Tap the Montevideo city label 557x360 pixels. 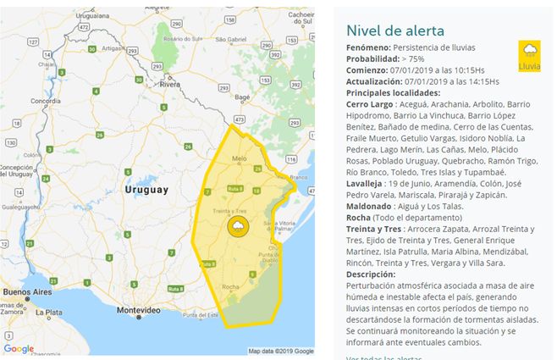(x=138, y=312)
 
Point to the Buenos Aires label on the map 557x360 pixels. (x=24, y=293)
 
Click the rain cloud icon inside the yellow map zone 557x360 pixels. (x=238, y=226)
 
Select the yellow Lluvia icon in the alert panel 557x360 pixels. (x=529, y=56)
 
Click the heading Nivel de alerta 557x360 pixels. (x=395, y=30)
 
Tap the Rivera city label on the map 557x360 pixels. (x=171, y=86)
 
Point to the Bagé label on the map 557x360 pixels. (x=241, y=97)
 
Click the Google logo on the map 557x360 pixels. (x=18, y=348)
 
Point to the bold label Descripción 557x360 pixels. (x=371, y=274)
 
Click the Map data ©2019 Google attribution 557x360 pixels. (x=280, y=351)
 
